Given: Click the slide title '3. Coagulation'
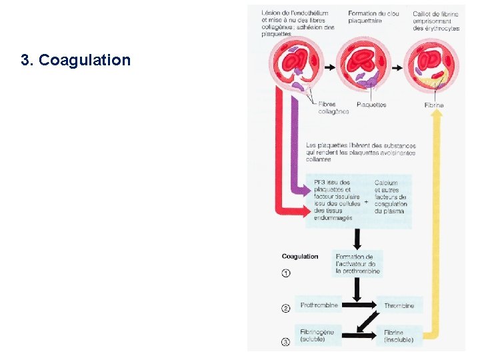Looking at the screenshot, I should [x=76, y=61].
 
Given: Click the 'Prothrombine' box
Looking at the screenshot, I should [x=319, y=306].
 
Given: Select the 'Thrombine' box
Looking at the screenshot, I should [x=399, y=306].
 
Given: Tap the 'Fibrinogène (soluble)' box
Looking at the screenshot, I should [x=318, y=335].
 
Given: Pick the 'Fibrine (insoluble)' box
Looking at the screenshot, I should [x=399, y=335].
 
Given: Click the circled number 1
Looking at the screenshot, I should [x=286, y=273].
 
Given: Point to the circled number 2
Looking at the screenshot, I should [x=286, y=308].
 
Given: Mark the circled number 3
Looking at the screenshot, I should [x=286, y=342].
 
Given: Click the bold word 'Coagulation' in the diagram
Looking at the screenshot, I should [x=300, y=257].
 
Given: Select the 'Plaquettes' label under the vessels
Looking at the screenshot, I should [x=371, y=105].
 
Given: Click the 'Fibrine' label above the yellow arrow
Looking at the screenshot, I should [x=434, y=105].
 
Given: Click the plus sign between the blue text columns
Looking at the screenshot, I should [x=367, y=201].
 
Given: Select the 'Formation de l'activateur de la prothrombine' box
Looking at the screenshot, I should [x=357, y=264].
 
